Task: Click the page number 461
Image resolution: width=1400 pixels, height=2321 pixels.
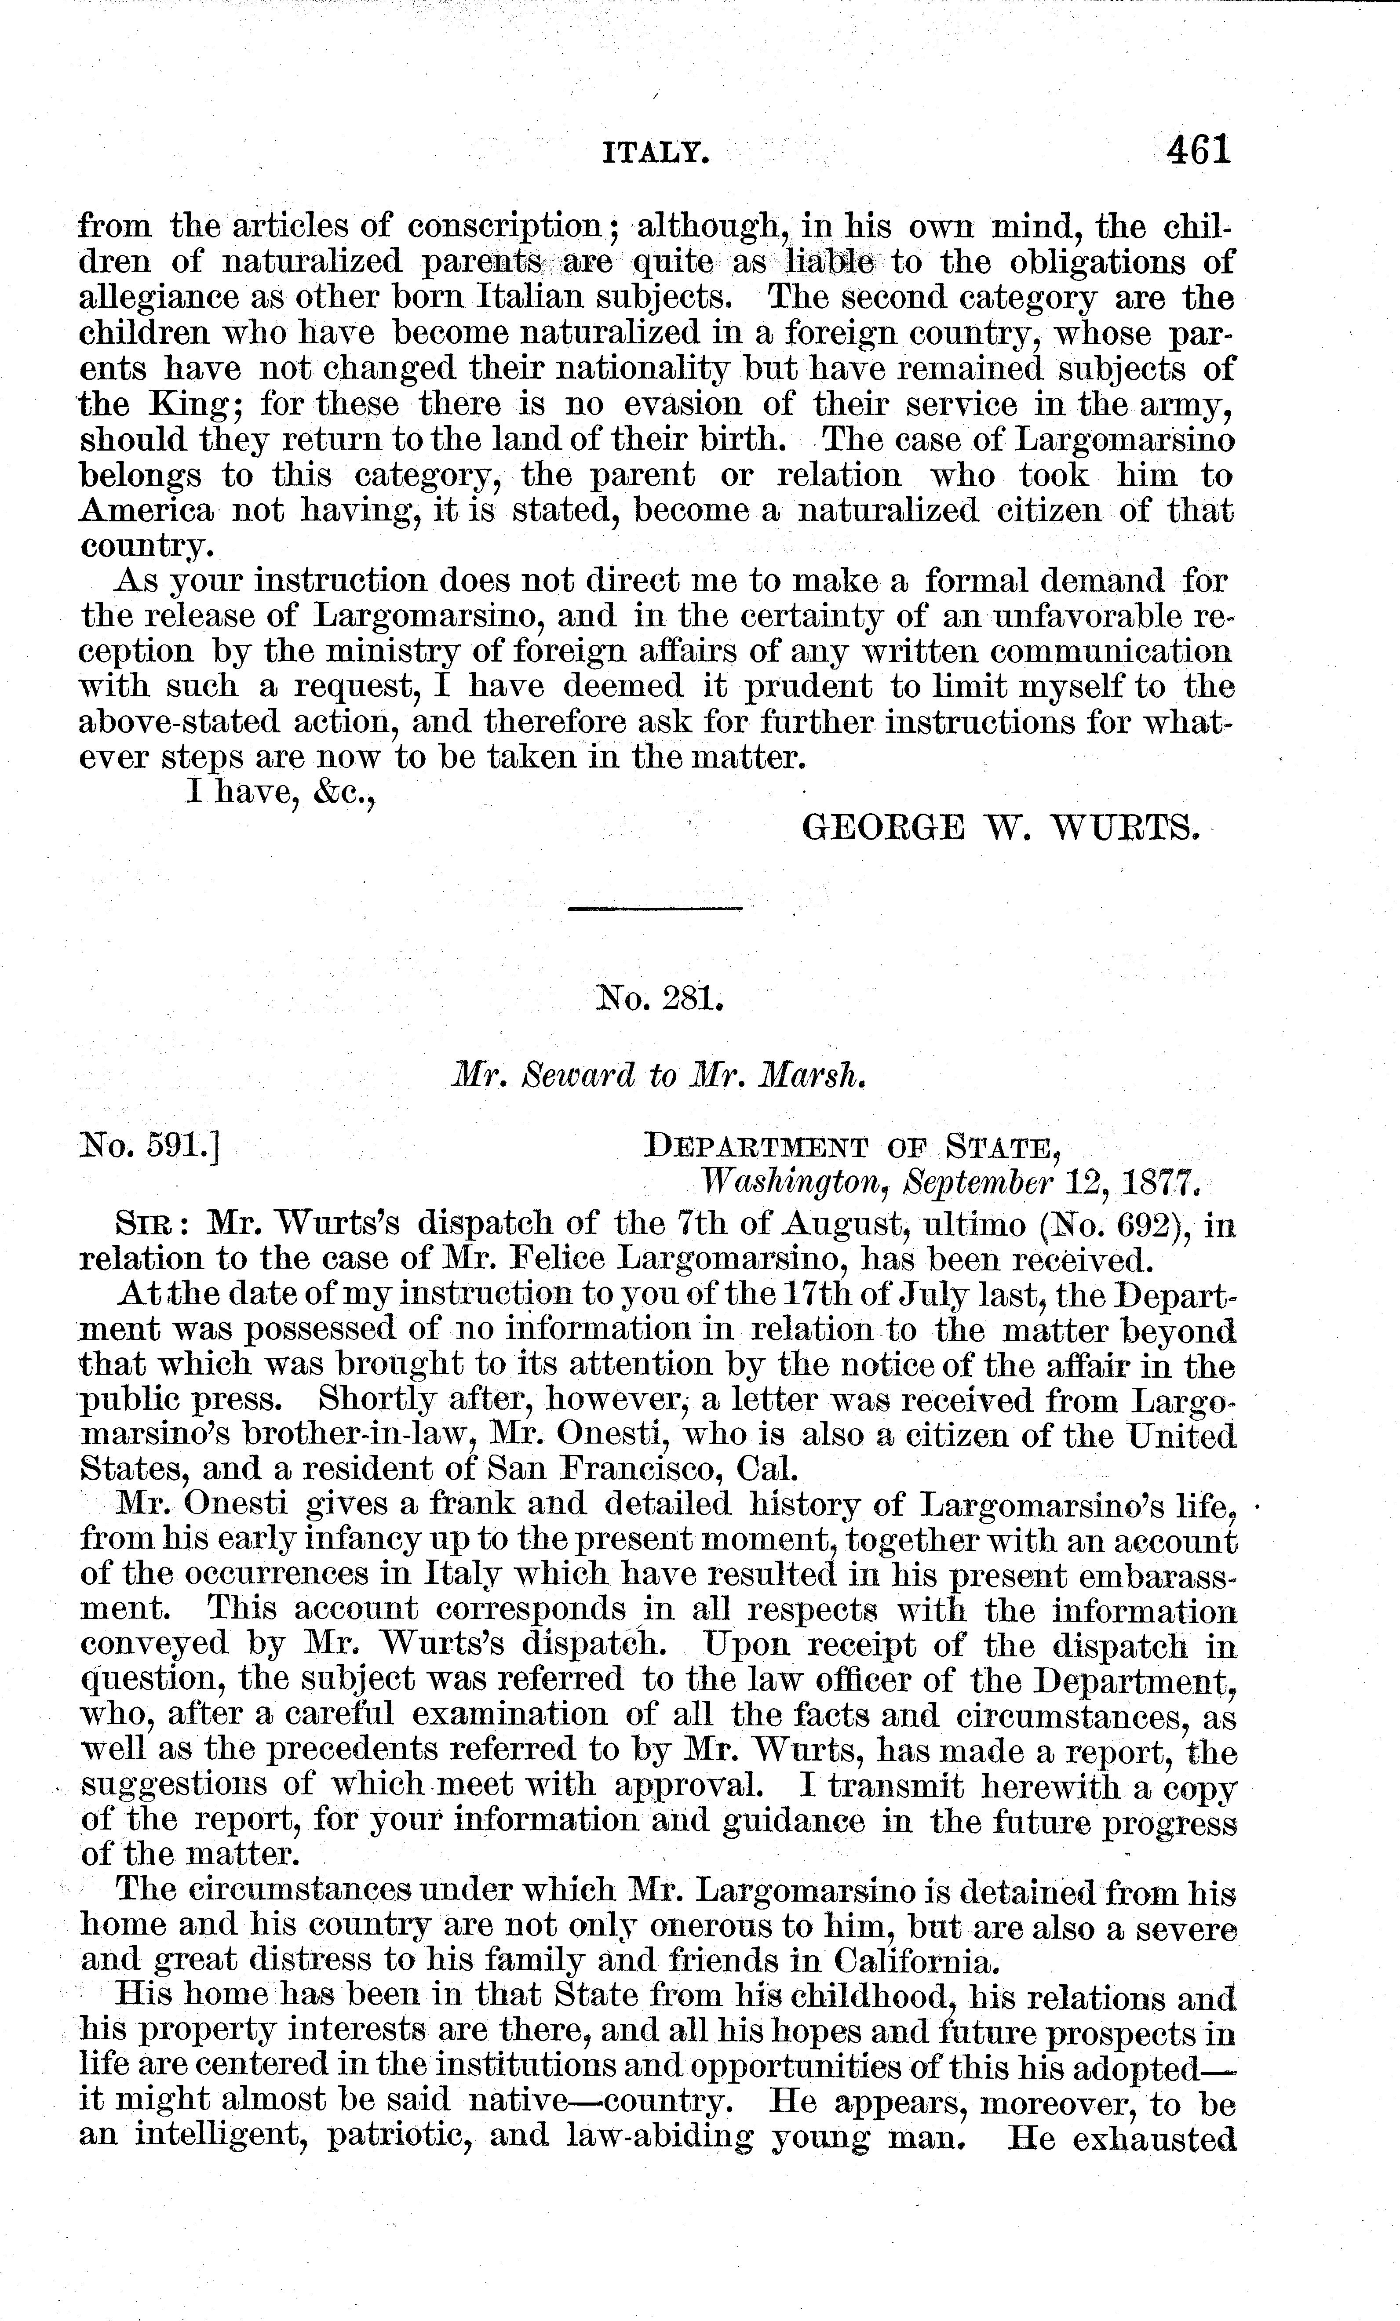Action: pyautogui.click(x=1197, y=150)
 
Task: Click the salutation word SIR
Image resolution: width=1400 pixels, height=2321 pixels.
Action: pyautogui.click(x=145, y=1225)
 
